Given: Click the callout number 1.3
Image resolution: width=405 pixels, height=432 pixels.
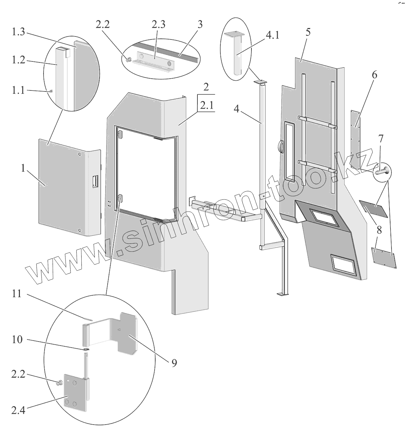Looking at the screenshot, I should pyautogui.click(x=19, y=32).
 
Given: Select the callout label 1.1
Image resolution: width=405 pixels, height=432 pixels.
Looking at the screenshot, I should pyautogui.click(x=19, y=90).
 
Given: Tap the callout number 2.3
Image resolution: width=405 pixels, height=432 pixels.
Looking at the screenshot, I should pyautogui.click(x=158, y=25).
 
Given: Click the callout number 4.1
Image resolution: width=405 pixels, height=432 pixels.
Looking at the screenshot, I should pyautogui.click(x=273, y=35).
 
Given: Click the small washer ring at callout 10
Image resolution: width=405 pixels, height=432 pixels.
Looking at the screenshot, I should pyautogui.click(x=86, y=349).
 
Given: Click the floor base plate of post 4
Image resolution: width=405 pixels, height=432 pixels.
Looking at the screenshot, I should pyautogui.click(x=282, y=295).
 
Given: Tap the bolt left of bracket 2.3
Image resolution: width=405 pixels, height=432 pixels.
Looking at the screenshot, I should pyautogui.click(x=129, y=60).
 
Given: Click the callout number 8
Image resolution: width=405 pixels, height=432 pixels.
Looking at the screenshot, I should pyautogui.click(x=379, y=231).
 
